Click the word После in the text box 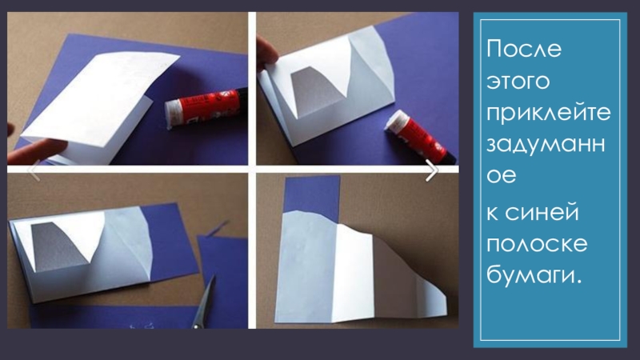coord(524,49)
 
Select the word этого coord(518,81)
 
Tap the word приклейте coord(549,113)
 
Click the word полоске coord(537,244)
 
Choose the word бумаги coord(534,276)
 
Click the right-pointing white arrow coord(431,170)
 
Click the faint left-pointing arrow coord(34,170)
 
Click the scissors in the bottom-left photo coord(204,303)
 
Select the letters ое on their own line coord(502,176)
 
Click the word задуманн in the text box coord(546,145)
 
